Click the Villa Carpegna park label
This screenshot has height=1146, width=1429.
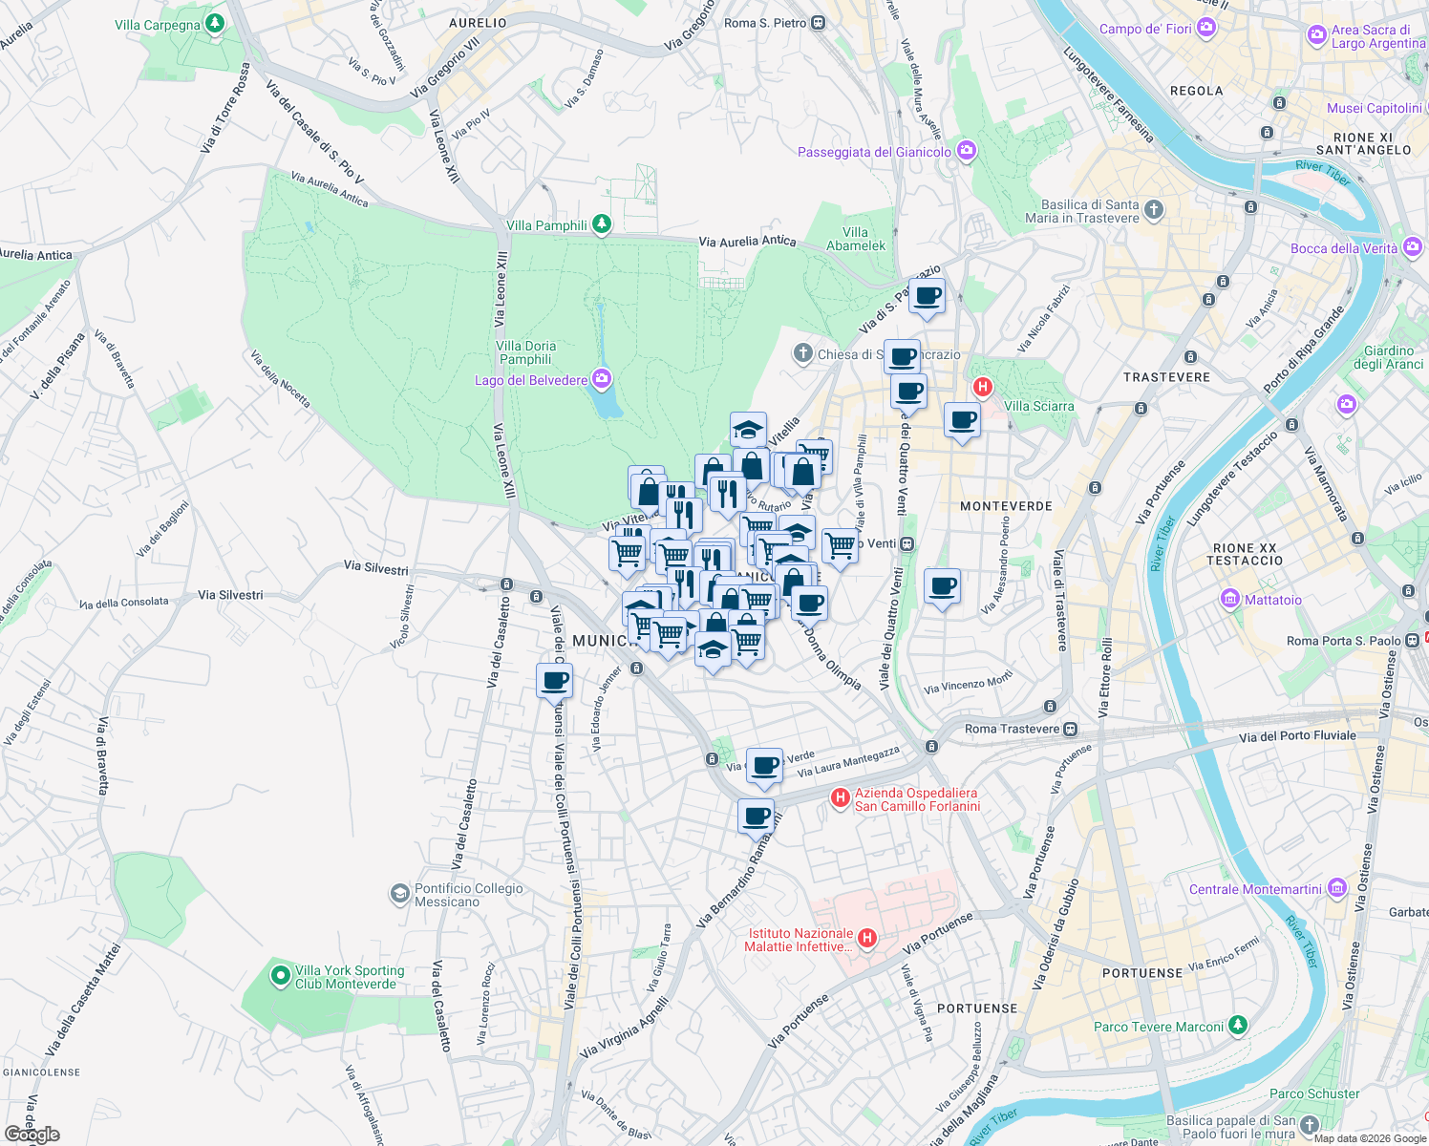click(158, 25)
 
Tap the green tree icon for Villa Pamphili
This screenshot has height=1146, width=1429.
click(601, 224)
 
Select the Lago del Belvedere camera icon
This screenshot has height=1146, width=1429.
click(601, 380)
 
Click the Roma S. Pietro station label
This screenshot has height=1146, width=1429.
click(765, 23)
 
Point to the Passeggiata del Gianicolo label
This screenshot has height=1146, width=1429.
click(874, 152)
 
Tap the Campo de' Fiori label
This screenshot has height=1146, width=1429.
click(1145, 29)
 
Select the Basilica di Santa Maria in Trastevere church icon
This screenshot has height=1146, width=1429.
click(1154, 210)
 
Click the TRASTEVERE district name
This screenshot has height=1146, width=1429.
click(1166, 377)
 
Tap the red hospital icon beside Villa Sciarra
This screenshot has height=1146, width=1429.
click(982, 387)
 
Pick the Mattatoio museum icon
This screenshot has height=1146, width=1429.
click(1230, 600)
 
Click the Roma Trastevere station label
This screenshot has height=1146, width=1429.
click(1012, 729)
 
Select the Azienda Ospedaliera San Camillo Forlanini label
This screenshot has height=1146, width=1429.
click(917, 799)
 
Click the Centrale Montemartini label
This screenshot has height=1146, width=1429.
click(1255, 889)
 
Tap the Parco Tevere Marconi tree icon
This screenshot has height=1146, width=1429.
click(1238, 1026)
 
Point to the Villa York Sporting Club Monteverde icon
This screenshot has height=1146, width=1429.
click(280, 976)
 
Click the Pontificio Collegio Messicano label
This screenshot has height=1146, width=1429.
click(469, 895)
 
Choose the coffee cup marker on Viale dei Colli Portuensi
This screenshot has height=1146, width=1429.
click(554, 683)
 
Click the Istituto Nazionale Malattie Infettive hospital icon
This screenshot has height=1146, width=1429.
click(867, 938)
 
